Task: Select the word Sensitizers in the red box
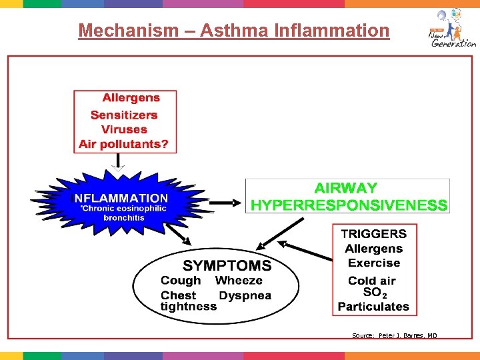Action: [x=124, y=115]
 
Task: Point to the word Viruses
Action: [x=124, y=129]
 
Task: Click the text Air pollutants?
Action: [x=124, y=144]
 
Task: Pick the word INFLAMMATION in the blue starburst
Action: [x=120, y=198]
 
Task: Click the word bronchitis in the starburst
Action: [x=123, y=218]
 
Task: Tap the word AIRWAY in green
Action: [x=345, y=189]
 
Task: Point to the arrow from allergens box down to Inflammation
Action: [x=118, y=161]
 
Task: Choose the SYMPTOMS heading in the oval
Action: [x=227, y=265]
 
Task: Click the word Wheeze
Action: [x=239, y=281]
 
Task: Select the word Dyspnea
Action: [x=245, y=295]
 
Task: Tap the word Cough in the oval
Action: [x=181, y=281]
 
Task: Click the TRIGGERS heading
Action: [x=373, y=233]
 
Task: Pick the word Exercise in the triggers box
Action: [x=374, y=263]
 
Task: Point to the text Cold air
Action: [x=372, y=281]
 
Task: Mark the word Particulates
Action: [x=373, y=307]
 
